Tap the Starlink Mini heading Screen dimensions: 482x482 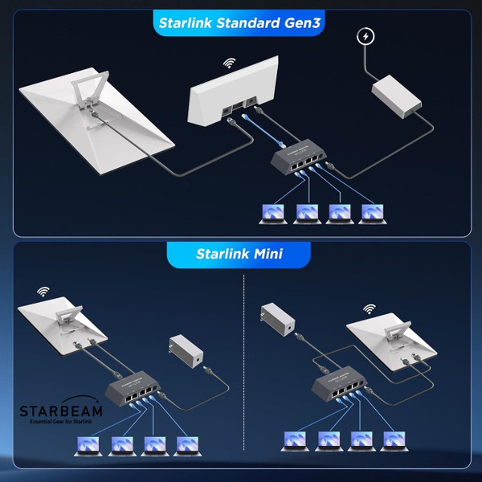tap(241, 255)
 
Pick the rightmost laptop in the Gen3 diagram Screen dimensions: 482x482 tap(370, 212)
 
